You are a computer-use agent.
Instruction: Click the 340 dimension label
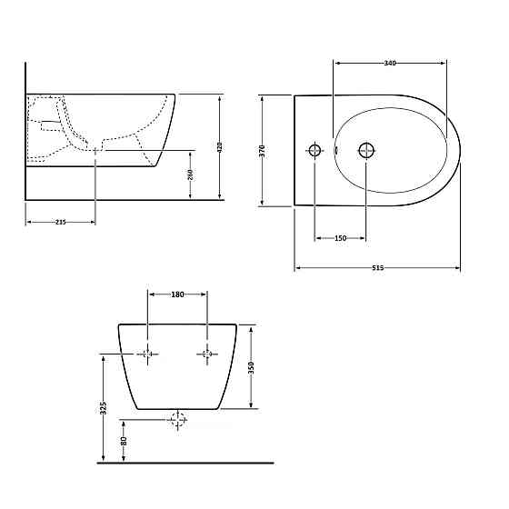pyautogui.click(x=390, y=63)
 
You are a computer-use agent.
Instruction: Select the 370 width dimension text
pyautogui.click(x=263, y=151)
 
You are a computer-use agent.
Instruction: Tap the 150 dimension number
pyautogui.click(x=340, y=238)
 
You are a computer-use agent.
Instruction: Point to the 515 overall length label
pyautogui.click(x=378, y=268)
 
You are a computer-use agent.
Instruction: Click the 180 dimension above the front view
pyautogui.click(x=177, y=294)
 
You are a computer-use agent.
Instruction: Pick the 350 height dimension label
pyautogui.click(x=251, y=367)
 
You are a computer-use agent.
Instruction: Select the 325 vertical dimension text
pyautogui.click(x=104, y=408)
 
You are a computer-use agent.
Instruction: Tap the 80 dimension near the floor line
pyautogui.click(x=124, y=441)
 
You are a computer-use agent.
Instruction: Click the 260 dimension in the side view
pyautogui.click(x=191, y=175)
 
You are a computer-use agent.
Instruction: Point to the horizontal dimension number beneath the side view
pyautogui.click(x=60, y=222)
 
